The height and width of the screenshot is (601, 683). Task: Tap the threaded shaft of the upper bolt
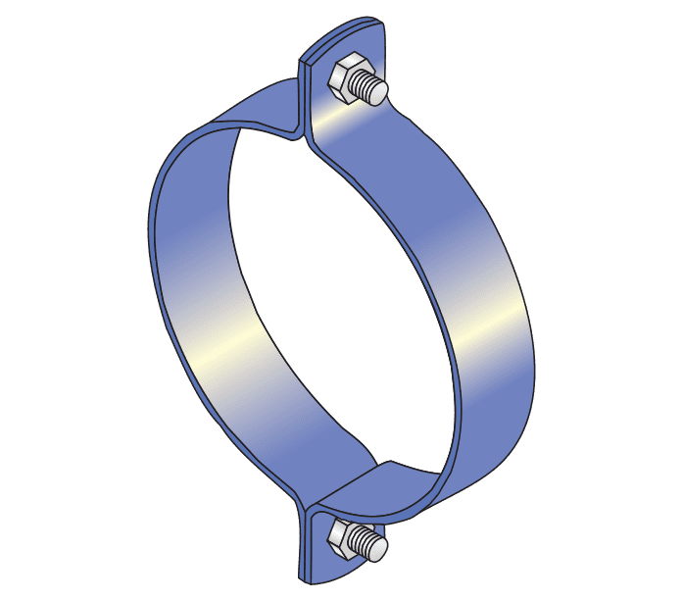click(368, 85)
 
